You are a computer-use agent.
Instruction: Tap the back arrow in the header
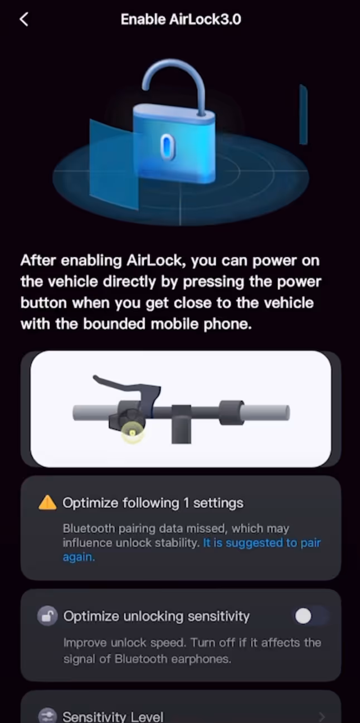pos(24,19)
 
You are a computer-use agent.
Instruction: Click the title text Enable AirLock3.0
pos(181,19)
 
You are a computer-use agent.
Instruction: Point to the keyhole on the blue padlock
pos(167,147)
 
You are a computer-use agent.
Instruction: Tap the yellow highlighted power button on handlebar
pos(133,433)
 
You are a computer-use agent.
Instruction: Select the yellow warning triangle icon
pos(47,502)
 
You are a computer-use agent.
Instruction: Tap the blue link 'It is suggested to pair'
pos(262,543)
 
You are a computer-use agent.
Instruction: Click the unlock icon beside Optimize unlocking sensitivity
pos(47,616)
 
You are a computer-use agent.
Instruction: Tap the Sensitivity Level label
pos(113,716)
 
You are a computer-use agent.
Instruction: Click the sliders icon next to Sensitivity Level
pos(47,716)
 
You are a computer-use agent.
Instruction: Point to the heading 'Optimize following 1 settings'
pos(153,503)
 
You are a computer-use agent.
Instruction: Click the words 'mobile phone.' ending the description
pos(201,324)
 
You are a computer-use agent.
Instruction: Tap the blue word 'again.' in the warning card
pos(79,557)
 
